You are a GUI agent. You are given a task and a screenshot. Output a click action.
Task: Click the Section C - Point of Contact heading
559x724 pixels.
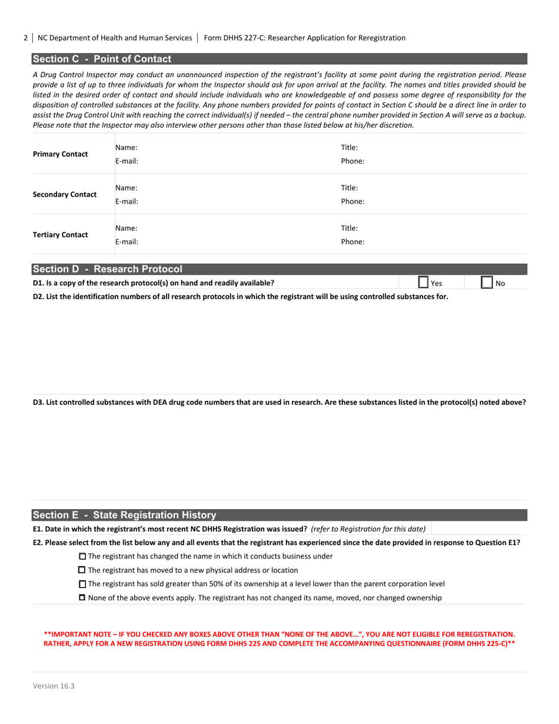click(102, 59)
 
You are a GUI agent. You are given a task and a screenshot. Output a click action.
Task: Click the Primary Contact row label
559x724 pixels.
click(61, 154)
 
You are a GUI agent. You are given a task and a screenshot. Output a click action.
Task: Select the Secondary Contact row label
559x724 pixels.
click(65, 194)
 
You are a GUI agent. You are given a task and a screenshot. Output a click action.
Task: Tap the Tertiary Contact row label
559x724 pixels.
click(61, 235)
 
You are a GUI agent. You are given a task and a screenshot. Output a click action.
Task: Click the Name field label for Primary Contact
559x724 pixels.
click(126, 148)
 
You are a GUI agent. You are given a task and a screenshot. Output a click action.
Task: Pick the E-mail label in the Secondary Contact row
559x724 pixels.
click(127, 201)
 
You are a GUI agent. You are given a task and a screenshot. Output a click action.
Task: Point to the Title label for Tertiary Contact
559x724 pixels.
click(350, 228)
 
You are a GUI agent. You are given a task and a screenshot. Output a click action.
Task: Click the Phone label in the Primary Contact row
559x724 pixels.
click(352, 161)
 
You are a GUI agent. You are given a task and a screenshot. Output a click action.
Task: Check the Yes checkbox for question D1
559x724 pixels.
click(423, 283)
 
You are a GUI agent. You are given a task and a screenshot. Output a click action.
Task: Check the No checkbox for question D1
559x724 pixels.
click(487, 283)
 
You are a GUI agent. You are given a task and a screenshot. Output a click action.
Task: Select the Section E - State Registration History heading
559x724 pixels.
click(124, 514)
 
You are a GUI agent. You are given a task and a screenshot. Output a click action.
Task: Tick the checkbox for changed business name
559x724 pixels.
click(82, 556)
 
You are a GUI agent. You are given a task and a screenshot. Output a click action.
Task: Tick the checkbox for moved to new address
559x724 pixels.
click(82, 570)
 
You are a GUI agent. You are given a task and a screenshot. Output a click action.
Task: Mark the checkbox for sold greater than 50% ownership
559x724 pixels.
click(82, 584)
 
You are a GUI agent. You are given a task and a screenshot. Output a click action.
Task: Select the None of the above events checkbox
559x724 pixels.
click(82, 598)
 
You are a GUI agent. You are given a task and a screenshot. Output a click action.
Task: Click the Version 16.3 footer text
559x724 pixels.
click(54, 686)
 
